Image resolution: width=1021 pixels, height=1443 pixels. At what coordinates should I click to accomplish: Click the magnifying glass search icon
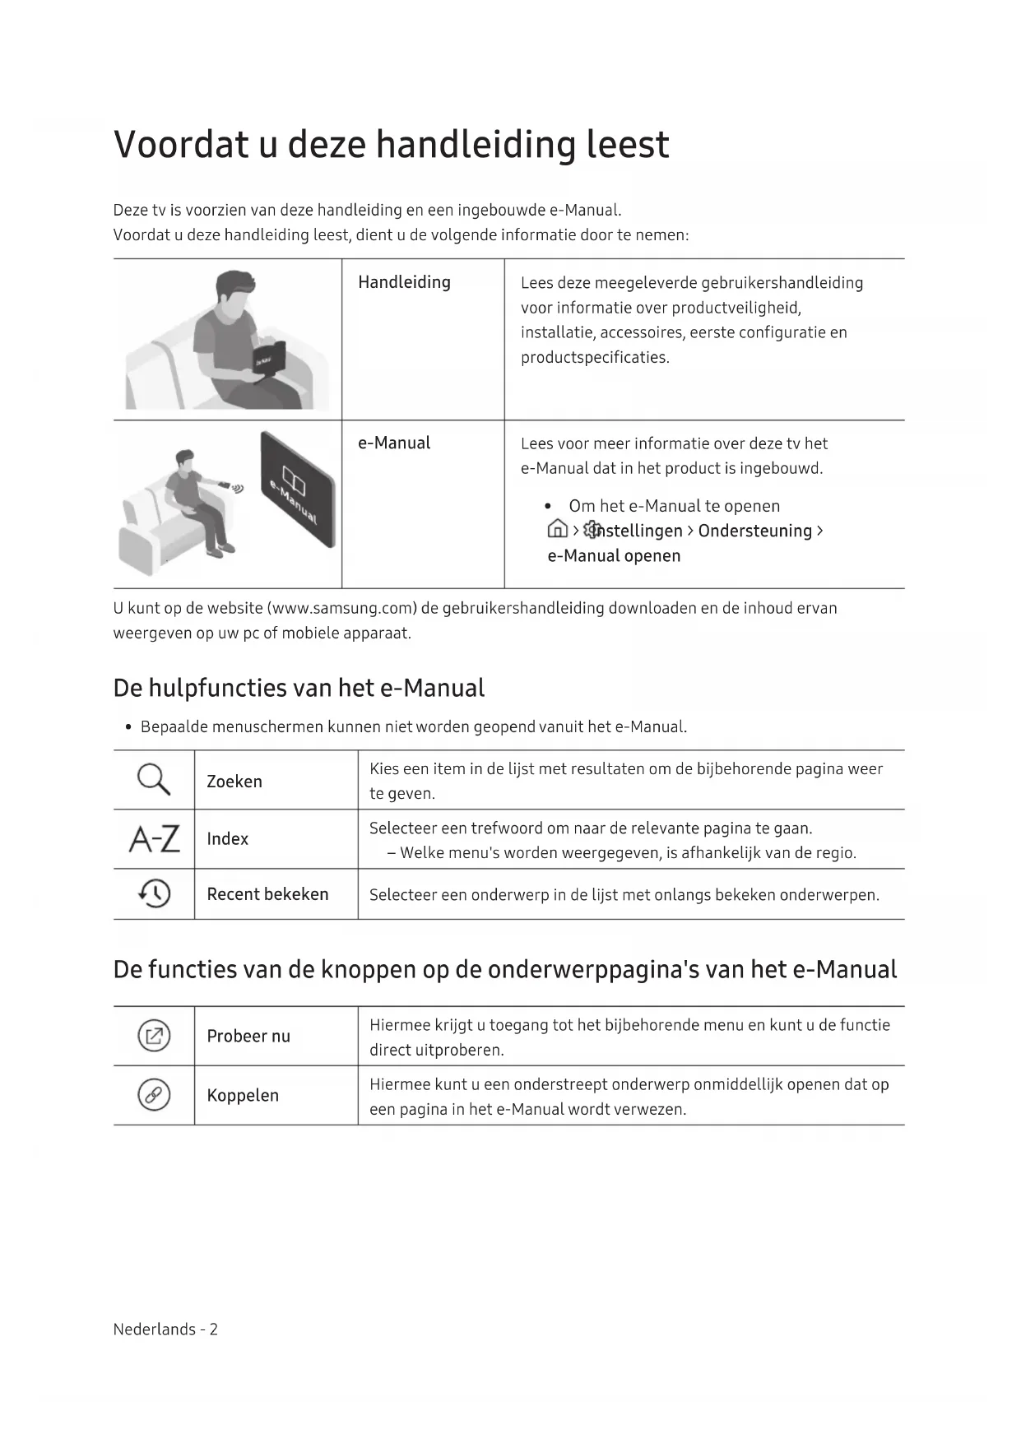[x=154, y=779]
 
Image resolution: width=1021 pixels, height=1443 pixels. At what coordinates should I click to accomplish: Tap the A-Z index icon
[x=154, y=839]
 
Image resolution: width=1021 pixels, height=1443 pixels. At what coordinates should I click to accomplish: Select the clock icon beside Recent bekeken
[x=154, y=893]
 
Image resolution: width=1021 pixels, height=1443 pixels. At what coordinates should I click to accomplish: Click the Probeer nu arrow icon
[x=154, y=1036]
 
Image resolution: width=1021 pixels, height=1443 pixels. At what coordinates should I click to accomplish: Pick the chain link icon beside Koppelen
[x=154, y=1095]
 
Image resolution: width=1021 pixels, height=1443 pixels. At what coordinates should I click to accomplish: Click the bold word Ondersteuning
[x=754, y=531]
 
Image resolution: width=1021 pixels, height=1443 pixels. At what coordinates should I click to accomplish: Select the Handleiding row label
[x=404, y=282]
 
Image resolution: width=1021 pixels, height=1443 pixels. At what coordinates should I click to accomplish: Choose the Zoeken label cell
[x=234, y=782]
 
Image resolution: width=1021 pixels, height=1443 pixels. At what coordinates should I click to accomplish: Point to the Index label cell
[x=228, y=839]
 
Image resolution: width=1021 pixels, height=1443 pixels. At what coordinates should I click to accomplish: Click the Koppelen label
[x=243, y=1096]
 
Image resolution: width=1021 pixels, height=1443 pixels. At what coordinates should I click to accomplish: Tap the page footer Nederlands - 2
[x=165, y=1329]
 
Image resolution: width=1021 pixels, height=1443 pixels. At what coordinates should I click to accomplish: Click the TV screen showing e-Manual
[x=297, y=489]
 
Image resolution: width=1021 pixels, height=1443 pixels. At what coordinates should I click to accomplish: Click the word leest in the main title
[x=628, y=145]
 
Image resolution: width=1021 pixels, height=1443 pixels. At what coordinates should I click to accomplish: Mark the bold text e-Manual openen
[x=614, y=556]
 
